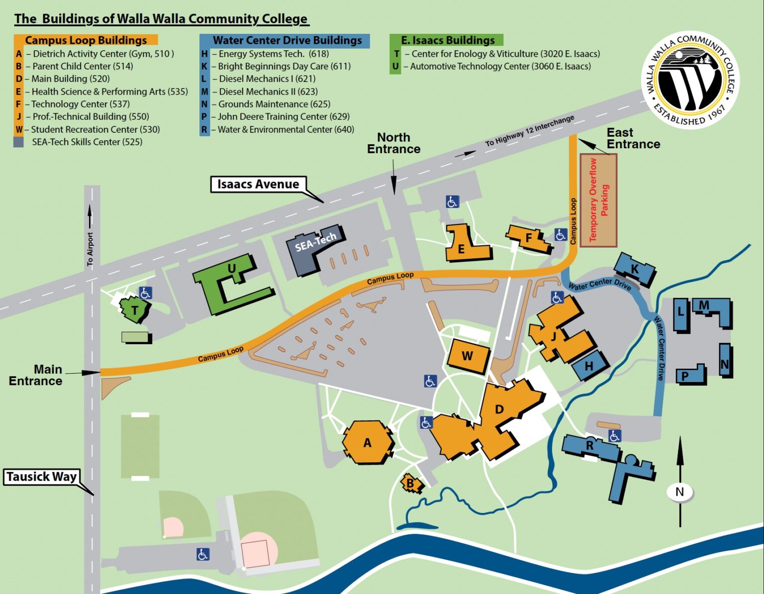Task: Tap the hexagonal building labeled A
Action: (368, 442)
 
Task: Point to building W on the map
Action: (467, 356)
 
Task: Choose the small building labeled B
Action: (411, 483)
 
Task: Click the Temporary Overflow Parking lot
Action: (598, 200)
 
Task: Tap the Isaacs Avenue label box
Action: (258, 184)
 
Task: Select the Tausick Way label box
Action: (42, 477)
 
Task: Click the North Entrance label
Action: (393, 143)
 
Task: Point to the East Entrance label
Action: (633, 138)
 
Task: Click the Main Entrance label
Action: (36, 375)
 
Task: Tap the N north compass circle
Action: (679, 492)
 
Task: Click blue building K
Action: (634, 269)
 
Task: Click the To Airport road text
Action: (90, 249)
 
